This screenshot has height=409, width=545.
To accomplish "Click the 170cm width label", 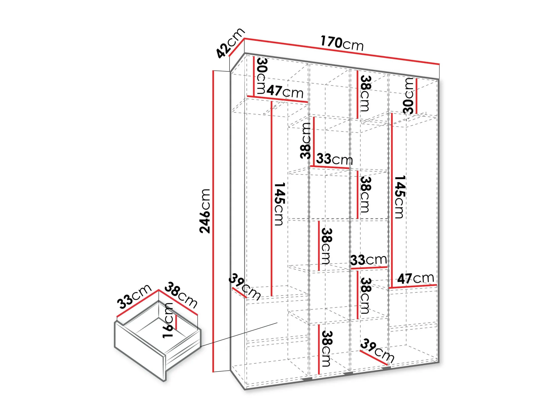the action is [342, 43].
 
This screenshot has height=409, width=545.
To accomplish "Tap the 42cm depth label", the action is [230, 43].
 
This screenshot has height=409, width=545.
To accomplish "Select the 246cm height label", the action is [205, 211].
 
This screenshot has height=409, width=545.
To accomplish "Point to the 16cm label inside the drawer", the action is [168, 320].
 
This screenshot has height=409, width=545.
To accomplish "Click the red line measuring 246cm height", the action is [214, 221].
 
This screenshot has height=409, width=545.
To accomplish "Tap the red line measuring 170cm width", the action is [342, 51].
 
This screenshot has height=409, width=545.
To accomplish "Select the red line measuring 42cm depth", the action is [237, 47].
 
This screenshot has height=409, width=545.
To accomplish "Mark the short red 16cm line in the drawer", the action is [176, 322].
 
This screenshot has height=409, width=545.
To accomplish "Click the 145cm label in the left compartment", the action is [280, 204].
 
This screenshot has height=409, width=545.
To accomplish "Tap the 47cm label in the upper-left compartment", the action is [285, 91].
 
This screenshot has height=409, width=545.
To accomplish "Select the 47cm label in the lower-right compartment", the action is [415, 278].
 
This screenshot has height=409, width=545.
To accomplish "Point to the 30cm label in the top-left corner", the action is [262, 76].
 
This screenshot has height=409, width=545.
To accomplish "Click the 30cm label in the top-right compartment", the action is [408, 96].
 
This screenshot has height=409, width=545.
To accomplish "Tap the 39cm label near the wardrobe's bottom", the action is [377, 350].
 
